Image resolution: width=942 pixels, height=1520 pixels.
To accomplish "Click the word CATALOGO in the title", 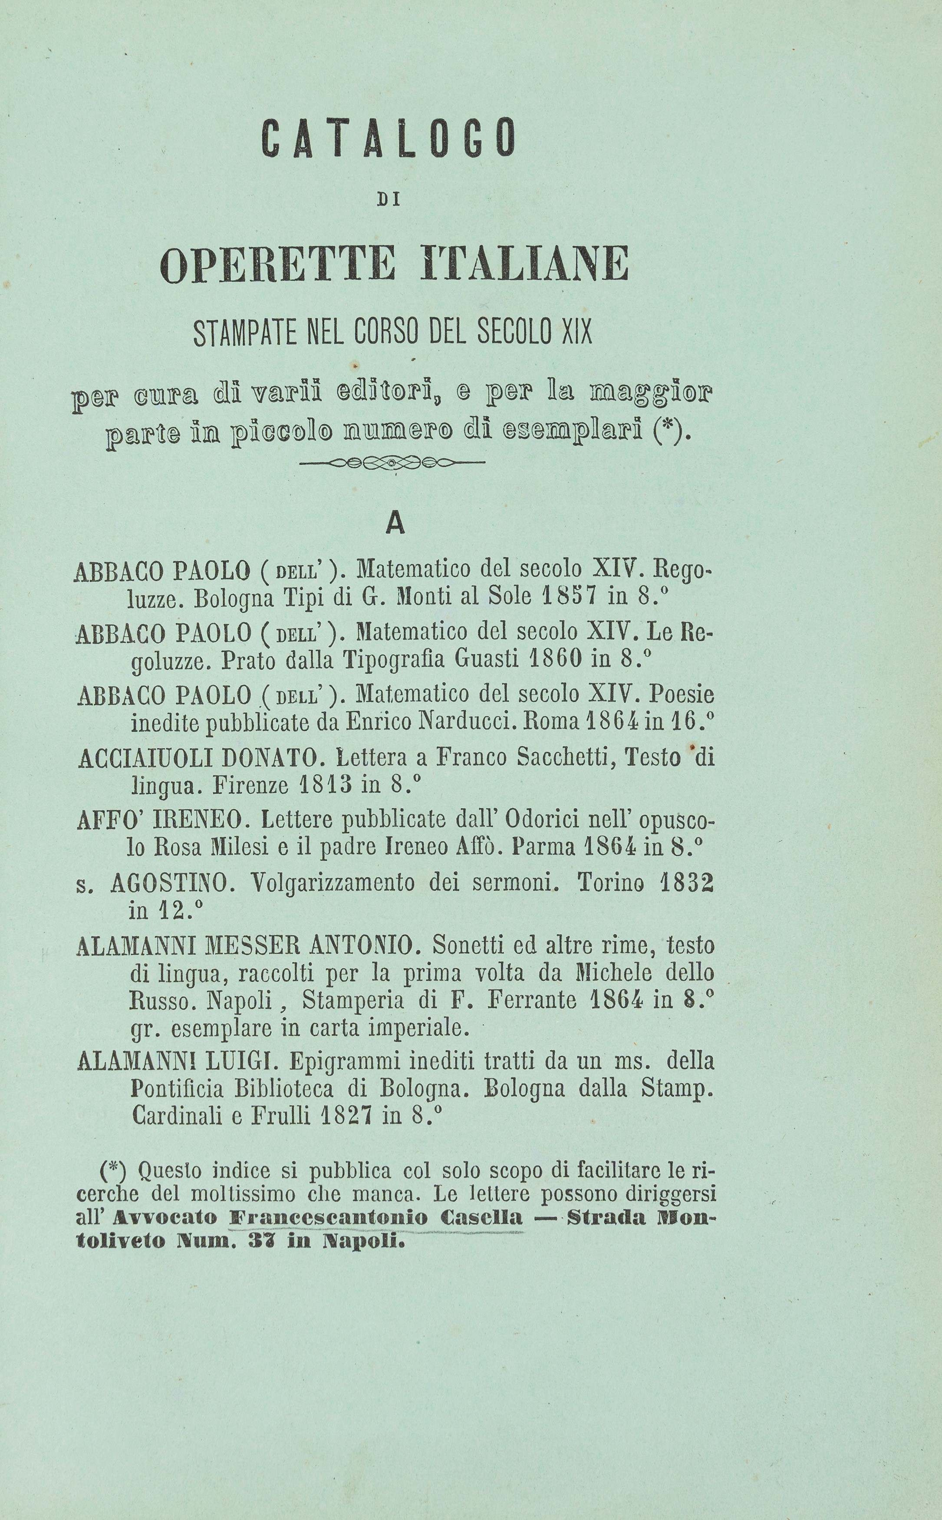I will [389, 137].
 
